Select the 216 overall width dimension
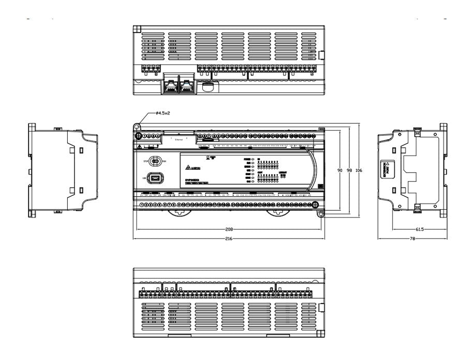pyautogui.click(x=228, y=239)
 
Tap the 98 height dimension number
pyautogui.click(x=350, y=170)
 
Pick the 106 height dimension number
pyautogui.click(x=359, y=170)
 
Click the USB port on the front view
pyautogui.click(x=156, y=179)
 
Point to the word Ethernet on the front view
pyautogui.click(x=179, y=140)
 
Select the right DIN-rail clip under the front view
pyautogui.click(x=275, y=212)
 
